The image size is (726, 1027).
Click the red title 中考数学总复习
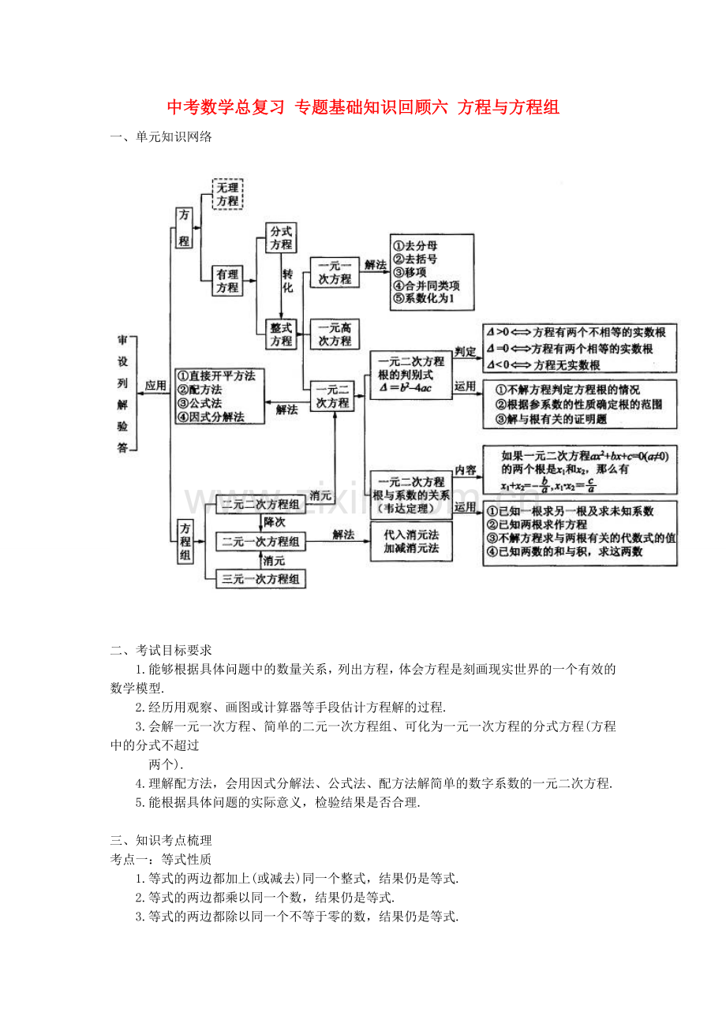[x=226, y=107]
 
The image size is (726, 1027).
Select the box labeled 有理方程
[x=227, y=281]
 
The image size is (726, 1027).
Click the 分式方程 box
[x=281, y=237]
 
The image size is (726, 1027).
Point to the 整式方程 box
[x=281, y=334]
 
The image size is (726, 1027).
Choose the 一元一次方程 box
[x=335, y=272]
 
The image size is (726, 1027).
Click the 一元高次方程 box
[x=335, y=334]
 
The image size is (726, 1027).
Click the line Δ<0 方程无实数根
[x=544, y=364]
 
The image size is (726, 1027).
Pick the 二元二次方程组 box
[x=260, y=504]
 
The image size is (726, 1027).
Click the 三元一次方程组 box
[x=260, y=579]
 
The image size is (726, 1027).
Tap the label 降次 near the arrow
[x=274, y=522]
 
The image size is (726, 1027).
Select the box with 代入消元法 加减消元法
[x=411, y=541]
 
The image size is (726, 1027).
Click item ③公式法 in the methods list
[x=204, y=403]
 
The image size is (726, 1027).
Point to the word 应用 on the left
[x=155, y=386]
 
